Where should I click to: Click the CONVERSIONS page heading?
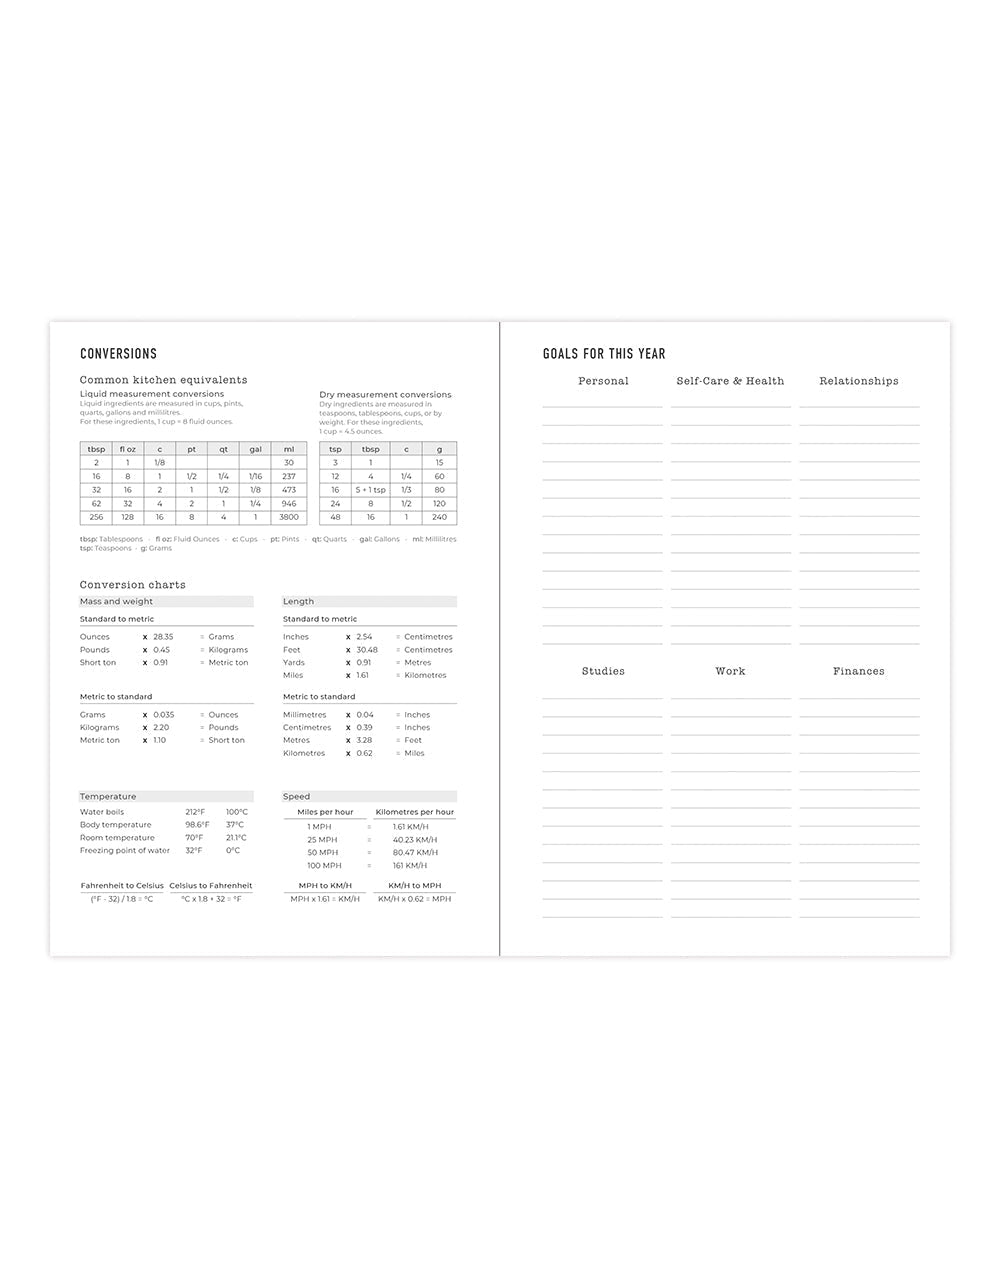coord(118,354)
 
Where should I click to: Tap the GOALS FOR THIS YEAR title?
coord(604,354)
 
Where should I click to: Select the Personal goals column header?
coord(603,381)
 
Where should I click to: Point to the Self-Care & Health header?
coord(730,381)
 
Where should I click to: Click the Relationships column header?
coord(858,381)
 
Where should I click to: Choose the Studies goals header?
coord(603,671)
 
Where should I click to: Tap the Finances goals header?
coord(858,671)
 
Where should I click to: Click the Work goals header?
coord(730,671)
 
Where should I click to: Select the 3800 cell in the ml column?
coord(289,517)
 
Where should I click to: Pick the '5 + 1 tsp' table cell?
coord(370,490)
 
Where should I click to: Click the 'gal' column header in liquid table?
coord(255,449)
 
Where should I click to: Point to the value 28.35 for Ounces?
coord(163,637)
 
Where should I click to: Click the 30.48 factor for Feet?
coord(367,650)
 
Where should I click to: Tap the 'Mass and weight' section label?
coord(116,602)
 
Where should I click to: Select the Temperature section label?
coord(108,797)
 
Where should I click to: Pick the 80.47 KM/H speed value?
coord(410,853)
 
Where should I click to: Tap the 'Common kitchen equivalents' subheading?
coord(163,380)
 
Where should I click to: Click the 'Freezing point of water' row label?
coord(125,851)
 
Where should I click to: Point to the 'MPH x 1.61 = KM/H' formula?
coord(325,899)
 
